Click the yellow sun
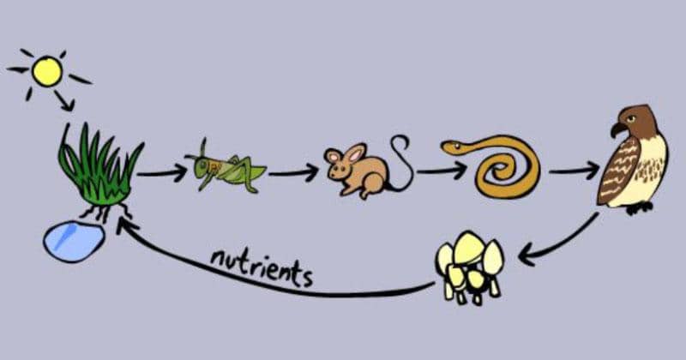coord(47,71)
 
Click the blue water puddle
coord(74,242)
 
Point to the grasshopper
coord(226,167)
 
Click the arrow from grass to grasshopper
coord(162,174)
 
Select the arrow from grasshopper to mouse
coord(294,173)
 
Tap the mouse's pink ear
coord(356,153)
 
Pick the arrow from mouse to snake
coord(442,171)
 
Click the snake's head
coord(453,147)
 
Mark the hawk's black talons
coord(640,208)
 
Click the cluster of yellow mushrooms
coord(470,267)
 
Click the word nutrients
coord(262,267)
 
